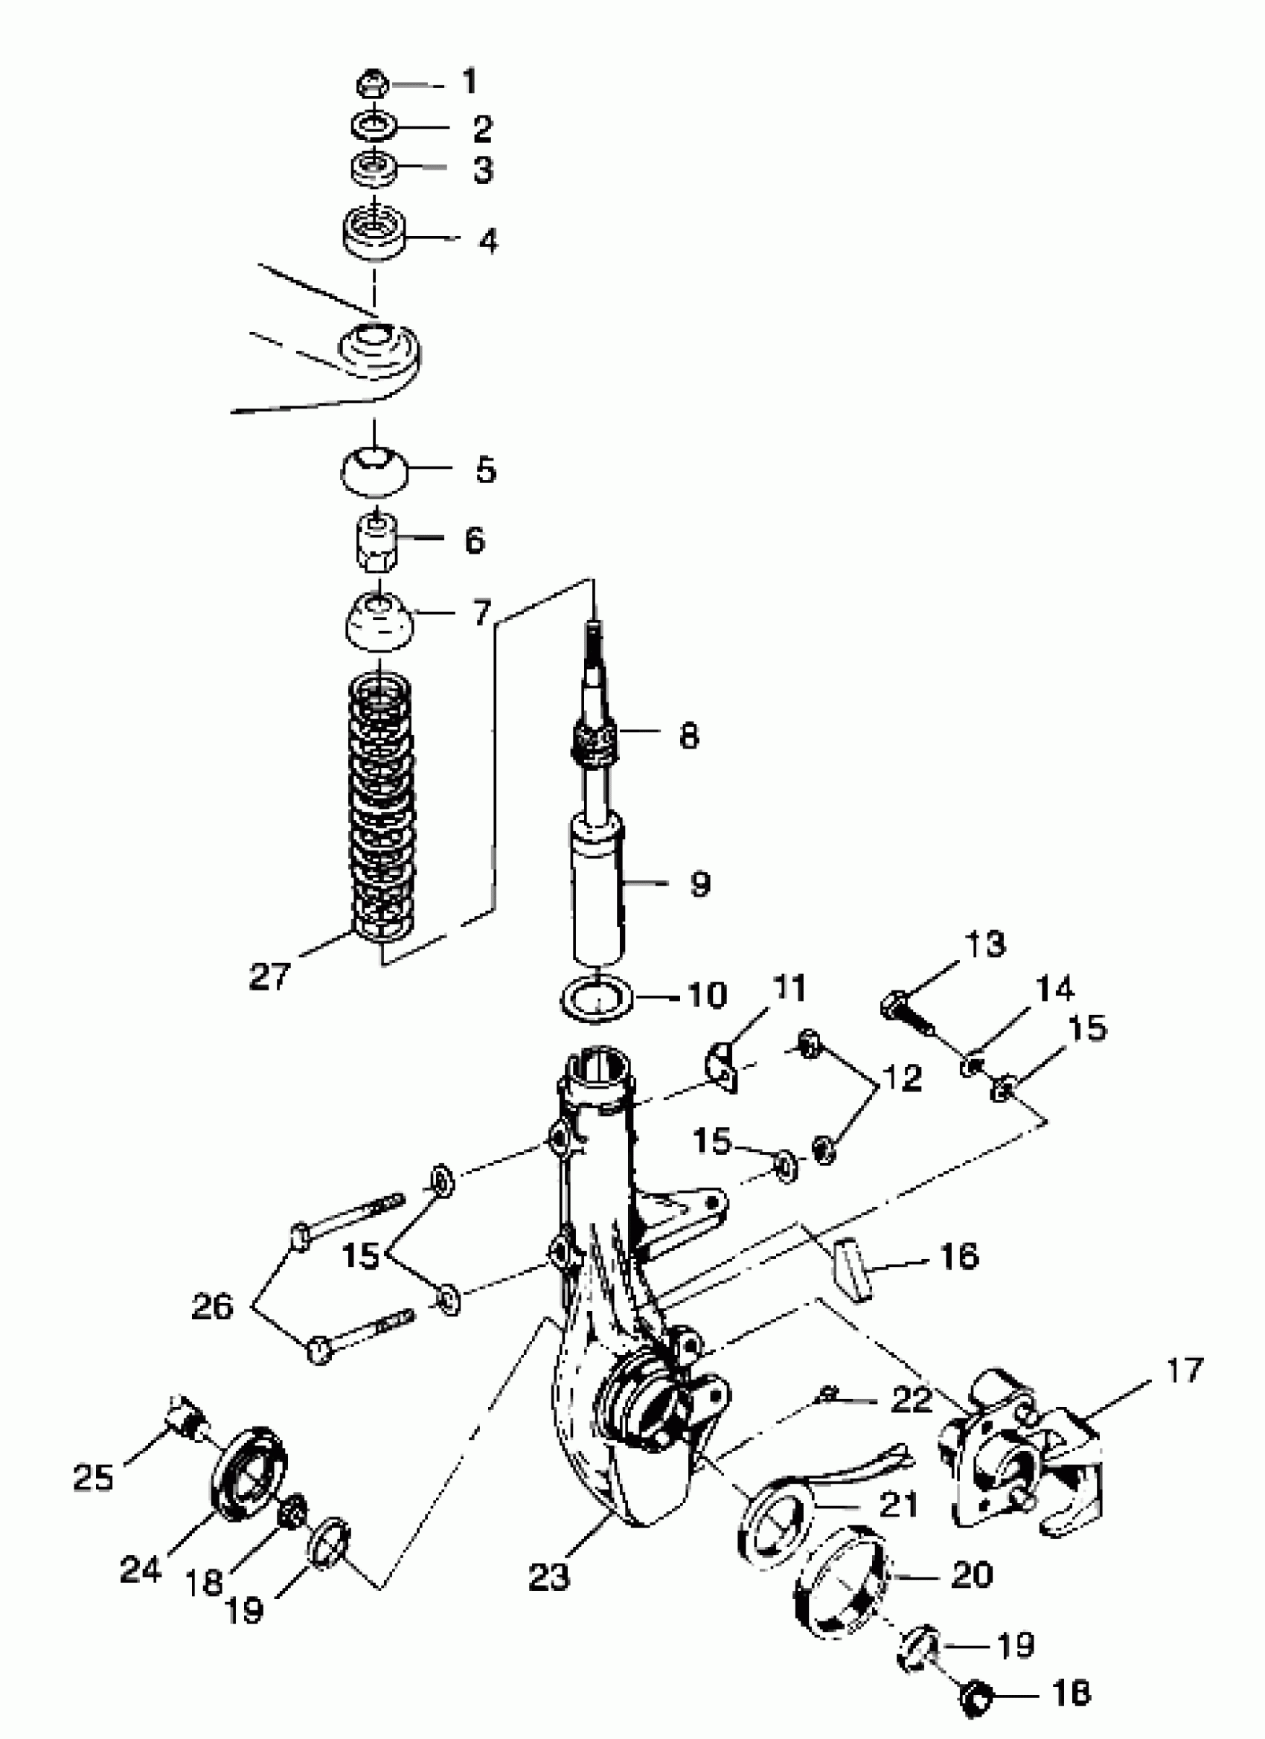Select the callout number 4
point(488,241)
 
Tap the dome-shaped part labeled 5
point(374,469)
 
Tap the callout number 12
point(903,1079)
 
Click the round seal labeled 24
point(248,1473)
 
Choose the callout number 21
point(899,1505)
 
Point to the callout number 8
point(688,736)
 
